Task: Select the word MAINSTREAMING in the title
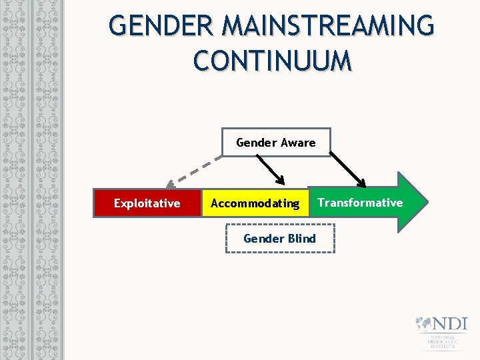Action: click(x=328, y=27)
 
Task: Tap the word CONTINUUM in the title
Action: click(x=272, y=61)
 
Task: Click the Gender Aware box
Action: click(x=275, y=142)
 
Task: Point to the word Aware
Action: click(x=298, y=142)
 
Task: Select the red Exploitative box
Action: click(x=147, y=203)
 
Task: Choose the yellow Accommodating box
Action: click(x=255, y=203)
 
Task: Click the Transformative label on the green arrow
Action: click(x=360, y=203)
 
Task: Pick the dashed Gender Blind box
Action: click(x=279, y=239)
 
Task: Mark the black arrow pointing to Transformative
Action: click(x=349, y=169)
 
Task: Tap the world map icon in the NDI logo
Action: click(x=423, y=323)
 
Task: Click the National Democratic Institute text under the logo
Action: click(x=442, y=341)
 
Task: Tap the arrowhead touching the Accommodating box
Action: click(x=281, y=181)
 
